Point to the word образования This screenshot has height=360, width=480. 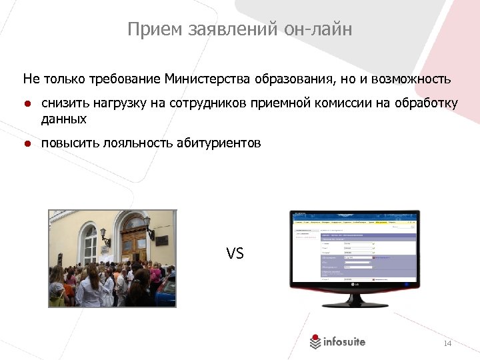tap(297, 79)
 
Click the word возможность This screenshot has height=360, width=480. tap(407, 79)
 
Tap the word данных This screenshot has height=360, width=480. tap(64, 119)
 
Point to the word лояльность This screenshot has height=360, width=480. tap(138, 143)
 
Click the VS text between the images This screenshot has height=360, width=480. tap(235, 253)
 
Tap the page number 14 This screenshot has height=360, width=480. tap(447, 343)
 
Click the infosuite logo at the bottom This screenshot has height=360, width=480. tap(338, 342)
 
